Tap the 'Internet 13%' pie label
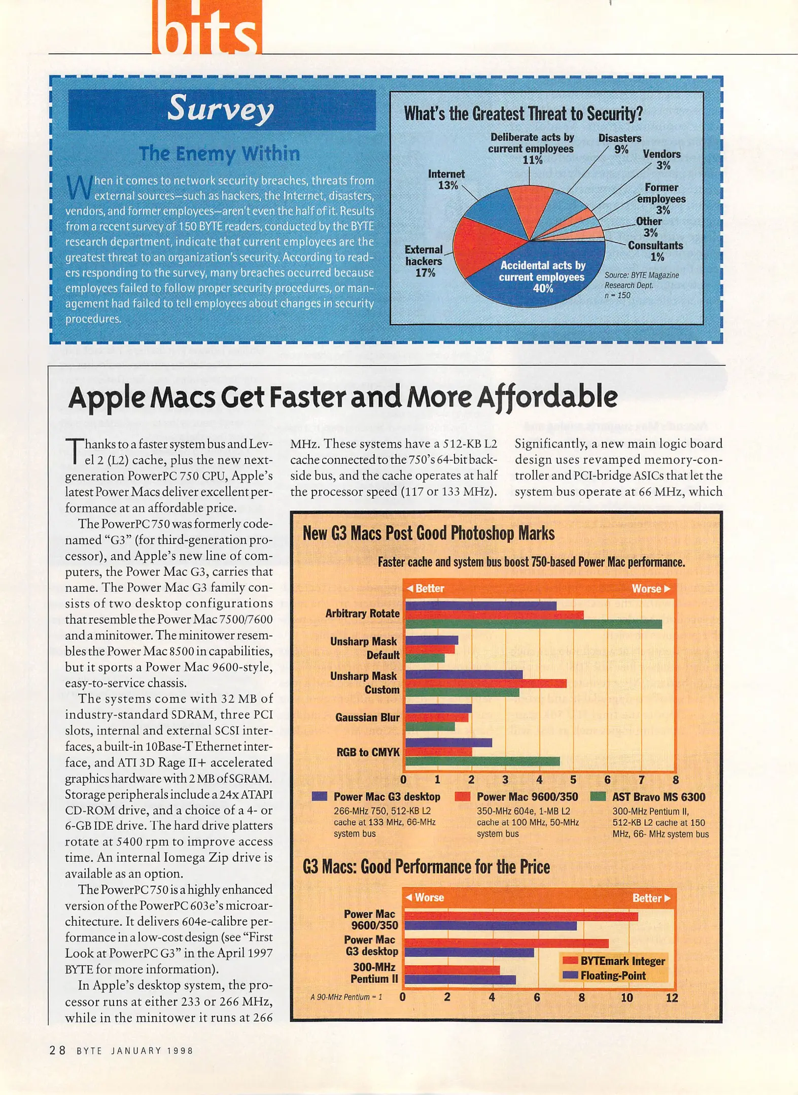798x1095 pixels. click(x=446, y=179)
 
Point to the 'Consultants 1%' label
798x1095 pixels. click(x=655, y=251)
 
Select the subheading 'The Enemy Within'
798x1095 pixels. click(x=219, y=154)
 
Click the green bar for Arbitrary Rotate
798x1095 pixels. click(x=533, y=624)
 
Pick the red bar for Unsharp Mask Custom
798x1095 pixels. click(x=485, y=683)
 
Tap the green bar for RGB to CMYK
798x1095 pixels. click(x=482, y=761)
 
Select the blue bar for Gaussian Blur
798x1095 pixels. click(x=438, y=708)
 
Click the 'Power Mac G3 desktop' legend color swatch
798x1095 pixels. click(x=319, y=796)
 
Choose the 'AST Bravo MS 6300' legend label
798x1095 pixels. click(x=658, y=797)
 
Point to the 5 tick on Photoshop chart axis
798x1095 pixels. click(x=573, y=780)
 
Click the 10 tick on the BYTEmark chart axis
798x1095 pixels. click(x=627, y=997)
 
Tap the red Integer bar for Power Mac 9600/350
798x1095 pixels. click(x=521, y=917)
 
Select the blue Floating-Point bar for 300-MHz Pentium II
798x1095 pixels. click(x=460, y=979)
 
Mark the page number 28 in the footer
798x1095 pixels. click(x=57, y=1050)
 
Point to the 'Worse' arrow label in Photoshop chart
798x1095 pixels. click(x=651, y=589)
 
